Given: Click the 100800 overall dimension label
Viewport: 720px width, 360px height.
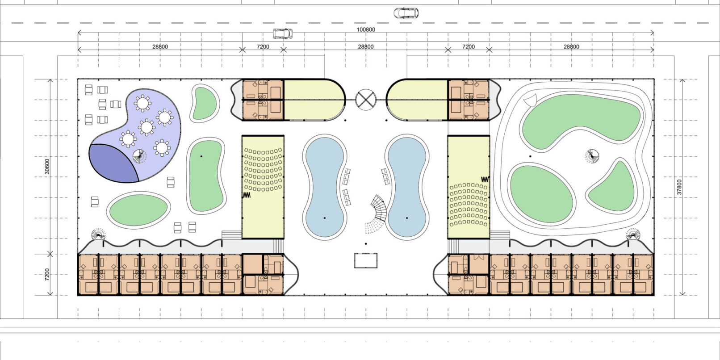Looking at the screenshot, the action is pos(366,29).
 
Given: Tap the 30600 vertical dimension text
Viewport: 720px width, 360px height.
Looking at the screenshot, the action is pos(47,167).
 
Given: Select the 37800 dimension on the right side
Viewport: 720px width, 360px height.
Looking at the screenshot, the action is pos(679,187).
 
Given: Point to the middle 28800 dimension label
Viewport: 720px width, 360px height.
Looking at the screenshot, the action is pos(366,46).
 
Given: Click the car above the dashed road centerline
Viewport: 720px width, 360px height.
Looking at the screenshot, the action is pos(406,13).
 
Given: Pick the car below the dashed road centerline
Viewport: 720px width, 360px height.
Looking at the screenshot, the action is pos(283,33).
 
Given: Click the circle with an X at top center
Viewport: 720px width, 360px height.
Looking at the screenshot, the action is pos(366,100).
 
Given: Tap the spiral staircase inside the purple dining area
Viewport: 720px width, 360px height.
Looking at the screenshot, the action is pos(140,156).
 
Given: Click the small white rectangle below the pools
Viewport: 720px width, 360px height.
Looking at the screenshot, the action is pos(366,260).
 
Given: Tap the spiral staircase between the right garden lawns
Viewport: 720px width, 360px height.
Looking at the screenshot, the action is pos(592,156).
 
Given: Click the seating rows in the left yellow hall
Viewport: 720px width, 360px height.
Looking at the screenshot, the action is pos(263,169).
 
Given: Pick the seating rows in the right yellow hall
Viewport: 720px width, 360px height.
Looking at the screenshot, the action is pos(469,205).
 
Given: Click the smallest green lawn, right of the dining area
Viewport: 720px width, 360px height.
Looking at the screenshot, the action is pos(205,103).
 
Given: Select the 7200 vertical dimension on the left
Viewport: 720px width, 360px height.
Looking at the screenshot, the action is pos(47,275).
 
